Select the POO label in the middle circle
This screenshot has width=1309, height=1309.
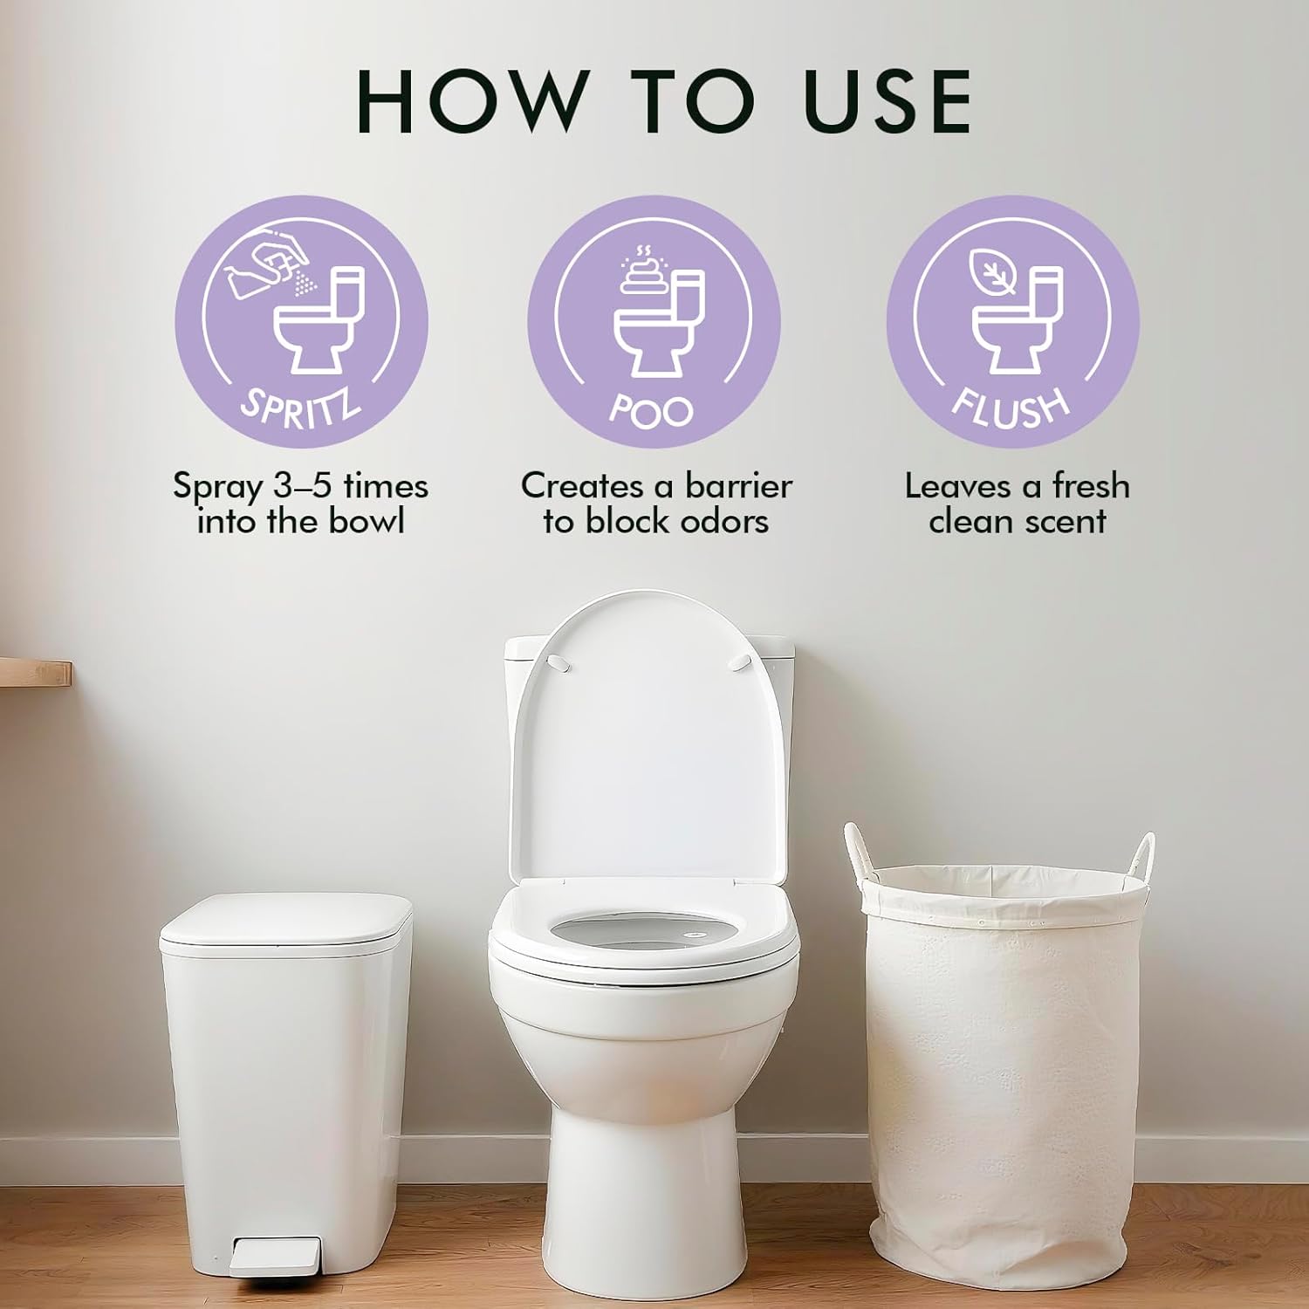tap(652, 411)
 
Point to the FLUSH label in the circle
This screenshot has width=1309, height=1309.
tap(1011, 407)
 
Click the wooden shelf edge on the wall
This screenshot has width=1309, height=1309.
tap(35, 673)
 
